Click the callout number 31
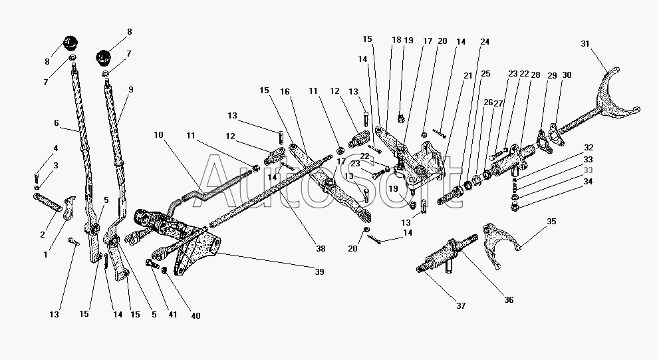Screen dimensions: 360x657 click(585, 44)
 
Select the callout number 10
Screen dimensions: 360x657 click(158, 134)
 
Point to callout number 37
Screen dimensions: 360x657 click(461, 306)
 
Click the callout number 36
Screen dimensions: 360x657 click(509, 300)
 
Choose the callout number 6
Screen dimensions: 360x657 click(57, 123)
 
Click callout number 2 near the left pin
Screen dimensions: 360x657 click(43, 234)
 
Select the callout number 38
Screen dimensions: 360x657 click(321, 249)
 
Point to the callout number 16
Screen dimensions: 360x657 click(285, 90)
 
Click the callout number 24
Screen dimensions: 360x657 click(485, 41)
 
